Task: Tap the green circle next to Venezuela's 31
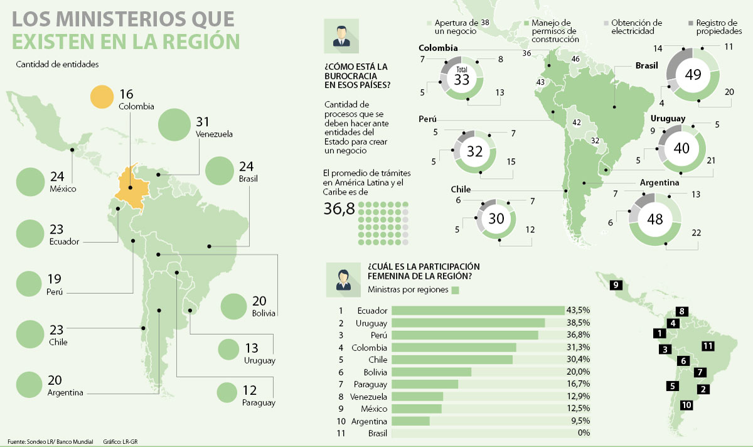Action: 175,124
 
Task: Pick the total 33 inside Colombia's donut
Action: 462,80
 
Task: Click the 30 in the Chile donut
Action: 496,218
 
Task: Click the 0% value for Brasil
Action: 583,433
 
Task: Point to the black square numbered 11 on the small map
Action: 708,346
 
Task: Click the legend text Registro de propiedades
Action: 719,26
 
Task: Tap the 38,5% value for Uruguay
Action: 579,323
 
